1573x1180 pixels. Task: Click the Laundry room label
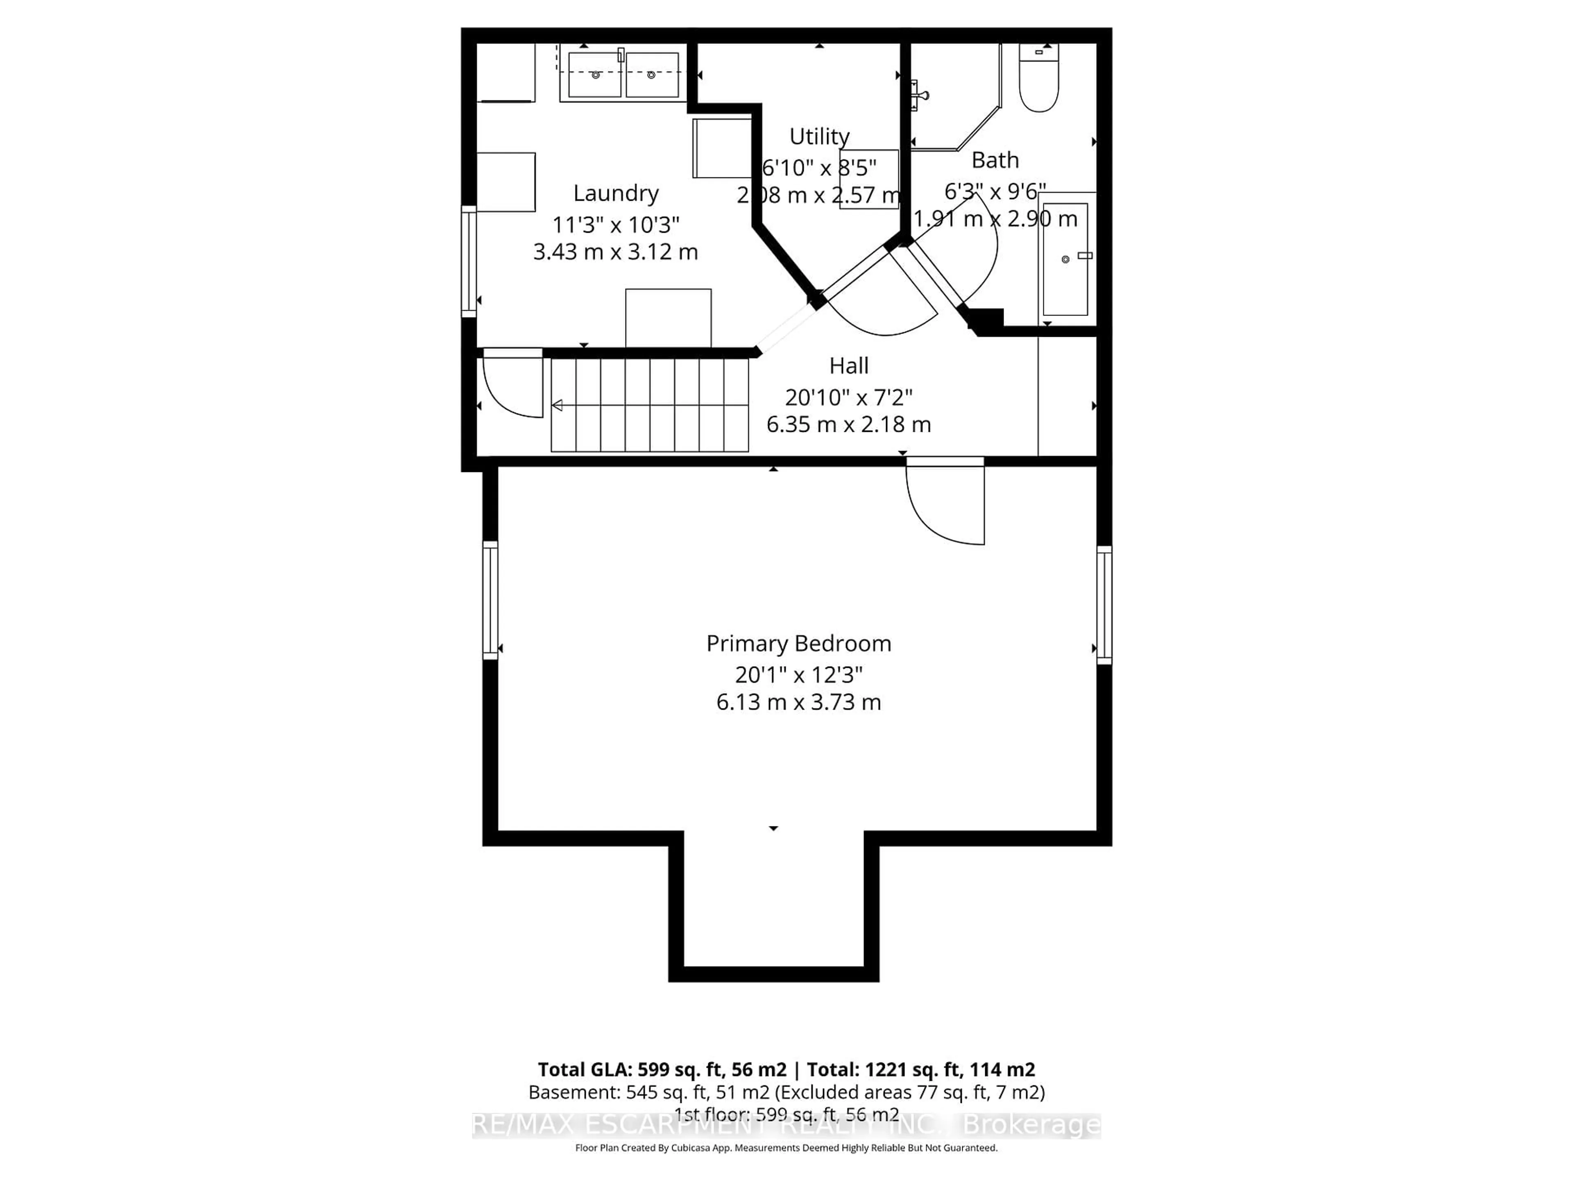click(616, 193)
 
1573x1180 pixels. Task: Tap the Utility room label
click(819, 136)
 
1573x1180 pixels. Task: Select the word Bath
click(995, 161)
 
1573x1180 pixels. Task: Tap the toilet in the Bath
click(1038, 79)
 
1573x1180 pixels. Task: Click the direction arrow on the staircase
click(558, 406)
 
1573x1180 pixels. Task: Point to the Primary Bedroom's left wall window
click(490, 599)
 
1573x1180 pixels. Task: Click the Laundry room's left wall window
click(469, 261)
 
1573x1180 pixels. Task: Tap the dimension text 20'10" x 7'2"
click(848, 397)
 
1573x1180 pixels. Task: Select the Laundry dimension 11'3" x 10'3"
click(616, 225)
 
